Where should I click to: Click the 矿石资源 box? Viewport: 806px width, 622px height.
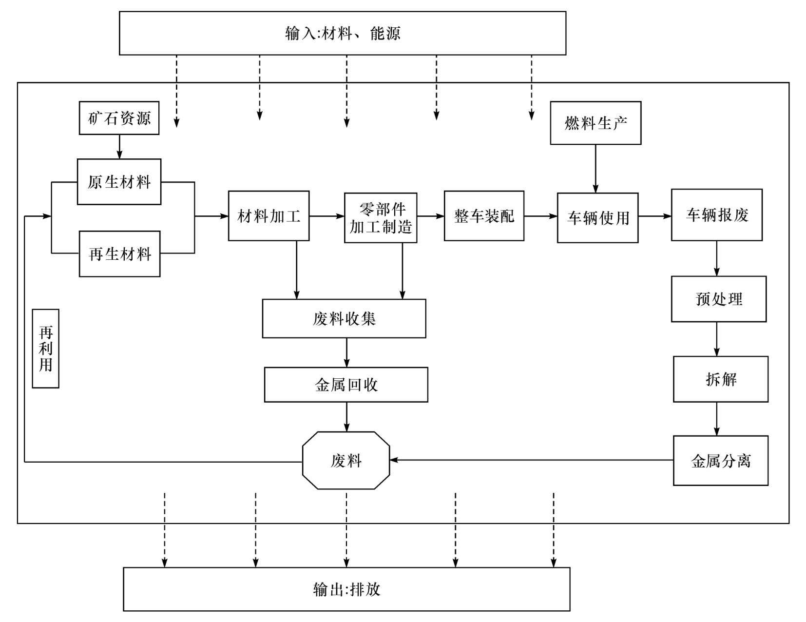tap(119, 118)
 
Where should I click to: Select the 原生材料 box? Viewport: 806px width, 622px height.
tap(119, 182)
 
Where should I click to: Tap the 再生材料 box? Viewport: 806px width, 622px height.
tap(120, 254)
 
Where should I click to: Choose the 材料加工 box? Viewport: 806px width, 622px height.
tap(269, 216)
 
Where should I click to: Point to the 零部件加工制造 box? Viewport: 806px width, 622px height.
tap(381, 218)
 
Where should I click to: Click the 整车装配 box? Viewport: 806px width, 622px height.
tap(484, 216)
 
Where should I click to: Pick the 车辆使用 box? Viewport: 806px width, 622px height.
tap(597, 218)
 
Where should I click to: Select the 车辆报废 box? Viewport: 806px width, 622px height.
tap(716, 215)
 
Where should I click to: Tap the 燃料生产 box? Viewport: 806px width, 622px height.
tap(595, 123)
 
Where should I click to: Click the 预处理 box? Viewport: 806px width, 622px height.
tap(718, 299)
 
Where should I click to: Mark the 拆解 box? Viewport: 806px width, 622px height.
tap(720, 379)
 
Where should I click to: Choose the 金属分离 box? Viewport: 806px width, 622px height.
tap(720, 461)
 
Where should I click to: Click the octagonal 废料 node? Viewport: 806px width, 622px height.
tap(346, 460)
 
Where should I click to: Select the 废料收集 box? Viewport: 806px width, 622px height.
tap(344, 319)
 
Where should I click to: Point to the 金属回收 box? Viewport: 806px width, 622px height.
tap(346, 385)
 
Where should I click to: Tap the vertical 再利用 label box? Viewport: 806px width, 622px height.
tap(46, 349)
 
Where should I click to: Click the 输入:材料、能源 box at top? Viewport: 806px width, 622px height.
tap(343, 33)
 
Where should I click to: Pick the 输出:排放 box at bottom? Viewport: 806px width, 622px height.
tap(346, 589)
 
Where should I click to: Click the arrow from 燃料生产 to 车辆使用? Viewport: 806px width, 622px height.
tap(595, 168)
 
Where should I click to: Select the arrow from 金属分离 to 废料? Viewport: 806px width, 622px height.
tap(531, 460)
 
